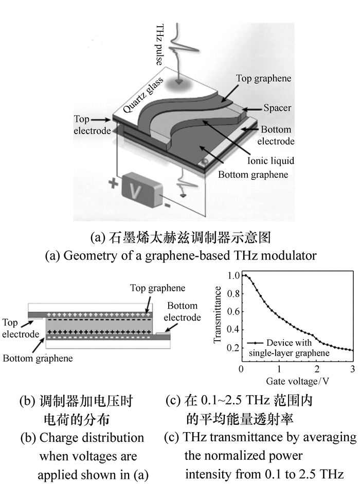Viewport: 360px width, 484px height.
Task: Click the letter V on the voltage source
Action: [x=135, y=194]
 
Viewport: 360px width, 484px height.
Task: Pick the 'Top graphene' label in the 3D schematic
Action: [x=263, y=79]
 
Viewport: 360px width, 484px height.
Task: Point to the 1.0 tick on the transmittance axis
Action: [x=233, y=275]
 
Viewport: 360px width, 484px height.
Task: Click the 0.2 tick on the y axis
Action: [x=233, y=348]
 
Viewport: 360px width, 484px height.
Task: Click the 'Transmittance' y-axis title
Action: [x=218, y=314]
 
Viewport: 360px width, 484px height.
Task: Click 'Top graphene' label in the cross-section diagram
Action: [x=158, y=288]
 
